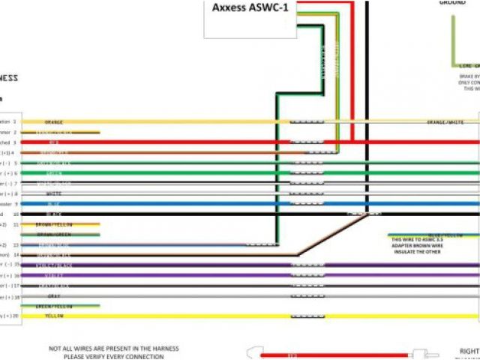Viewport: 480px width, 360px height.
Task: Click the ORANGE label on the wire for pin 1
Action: coord(54,121)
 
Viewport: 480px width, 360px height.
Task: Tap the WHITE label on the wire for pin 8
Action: coord(54,193)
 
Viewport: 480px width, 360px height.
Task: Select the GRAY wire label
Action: coord(54,296)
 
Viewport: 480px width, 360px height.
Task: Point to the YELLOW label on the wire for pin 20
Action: coord(54,316)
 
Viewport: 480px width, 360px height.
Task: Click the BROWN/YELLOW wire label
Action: coord(54,224)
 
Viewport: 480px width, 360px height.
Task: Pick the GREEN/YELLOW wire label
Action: coord(54,306)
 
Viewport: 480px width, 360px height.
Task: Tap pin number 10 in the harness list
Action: coord(15,214)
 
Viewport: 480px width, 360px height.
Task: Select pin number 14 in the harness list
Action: coord(15,255)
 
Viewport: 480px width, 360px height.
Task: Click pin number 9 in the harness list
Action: coord(15,203)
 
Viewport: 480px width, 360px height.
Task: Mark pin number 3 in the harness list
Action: coord(15,142)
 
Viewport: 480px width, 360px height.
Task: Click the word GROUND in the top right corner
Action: coord(452,3)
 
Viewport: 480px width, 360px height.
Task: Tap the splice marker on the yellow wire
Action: coord(307,316)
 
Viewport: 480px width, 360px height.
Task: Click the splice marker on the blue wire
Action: coord(307,203)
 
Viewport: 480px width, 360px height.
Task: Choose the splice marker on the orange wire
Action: coord(307,121)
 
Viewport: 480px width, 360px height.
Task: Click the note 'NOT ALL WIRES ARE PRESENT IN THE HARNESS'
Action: coord(114,349)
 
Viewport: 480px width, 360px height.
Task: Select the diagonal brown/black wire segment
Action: coord(330,235)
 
